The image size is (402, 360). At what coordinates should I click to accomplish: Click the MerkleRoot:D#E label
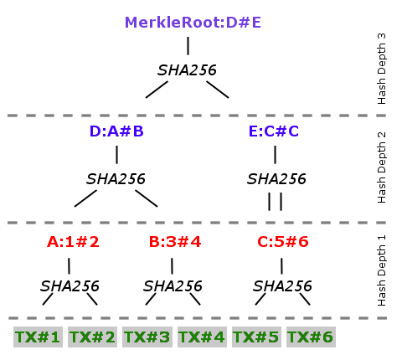click(x=193, y=23)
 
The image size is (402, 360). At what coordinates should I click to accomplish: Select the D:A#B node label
click(x=116, y=131)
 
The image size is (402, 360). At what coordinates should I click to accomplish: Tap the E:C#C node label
click(x=274, y=131)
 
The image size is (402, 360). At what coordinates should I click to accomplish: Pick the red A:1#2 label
click(x=73, y=242)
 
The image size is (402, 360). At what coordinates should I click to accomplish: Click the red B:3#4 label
click(x=175, y=242)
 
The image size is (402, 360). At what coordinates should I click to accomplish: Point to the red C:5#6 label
click(x=283, y=242)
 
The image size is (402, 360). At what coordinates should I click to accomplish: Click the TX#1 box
click(x=38, y=337)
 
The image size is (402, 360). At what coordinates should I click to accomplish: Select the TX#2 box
click(x=92, y=337)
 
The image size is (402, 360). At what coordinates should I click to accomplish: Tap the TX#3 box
click(x=147, y=337)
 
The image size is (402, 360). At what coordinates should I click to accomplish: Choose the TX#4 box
click(x=202, y=337)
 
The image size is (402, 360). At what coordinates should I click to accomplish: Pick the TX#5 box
click(x=256, y=337)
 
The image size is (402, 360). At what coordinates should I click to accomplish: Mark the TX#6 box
click(x=311, y=337)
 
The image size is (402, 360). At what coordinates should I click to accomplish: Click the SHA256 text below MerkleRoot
click(x=187, y=70)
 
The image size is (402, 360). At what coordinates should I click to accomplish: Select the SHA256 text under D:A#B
click(x=116, y=179)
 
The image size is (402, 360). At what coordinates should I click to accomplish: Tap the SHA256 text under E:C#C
click(x=276, y=179)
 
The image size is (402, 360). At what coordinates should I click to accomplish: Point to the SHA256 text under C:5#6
click(x=282, y=286)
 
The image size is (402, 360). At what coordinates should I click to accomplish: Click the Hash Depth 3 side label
click(x=381, y=69)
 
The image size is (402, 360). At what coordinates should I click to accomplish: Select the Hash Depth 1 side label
click(x=381, y=270)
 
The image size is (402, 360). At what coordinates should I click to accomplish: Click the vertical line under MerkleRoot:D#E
click(x=188, y=46)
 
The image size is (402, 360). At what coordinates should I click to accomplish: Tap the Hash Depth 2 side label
click(x=381, y=167)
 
